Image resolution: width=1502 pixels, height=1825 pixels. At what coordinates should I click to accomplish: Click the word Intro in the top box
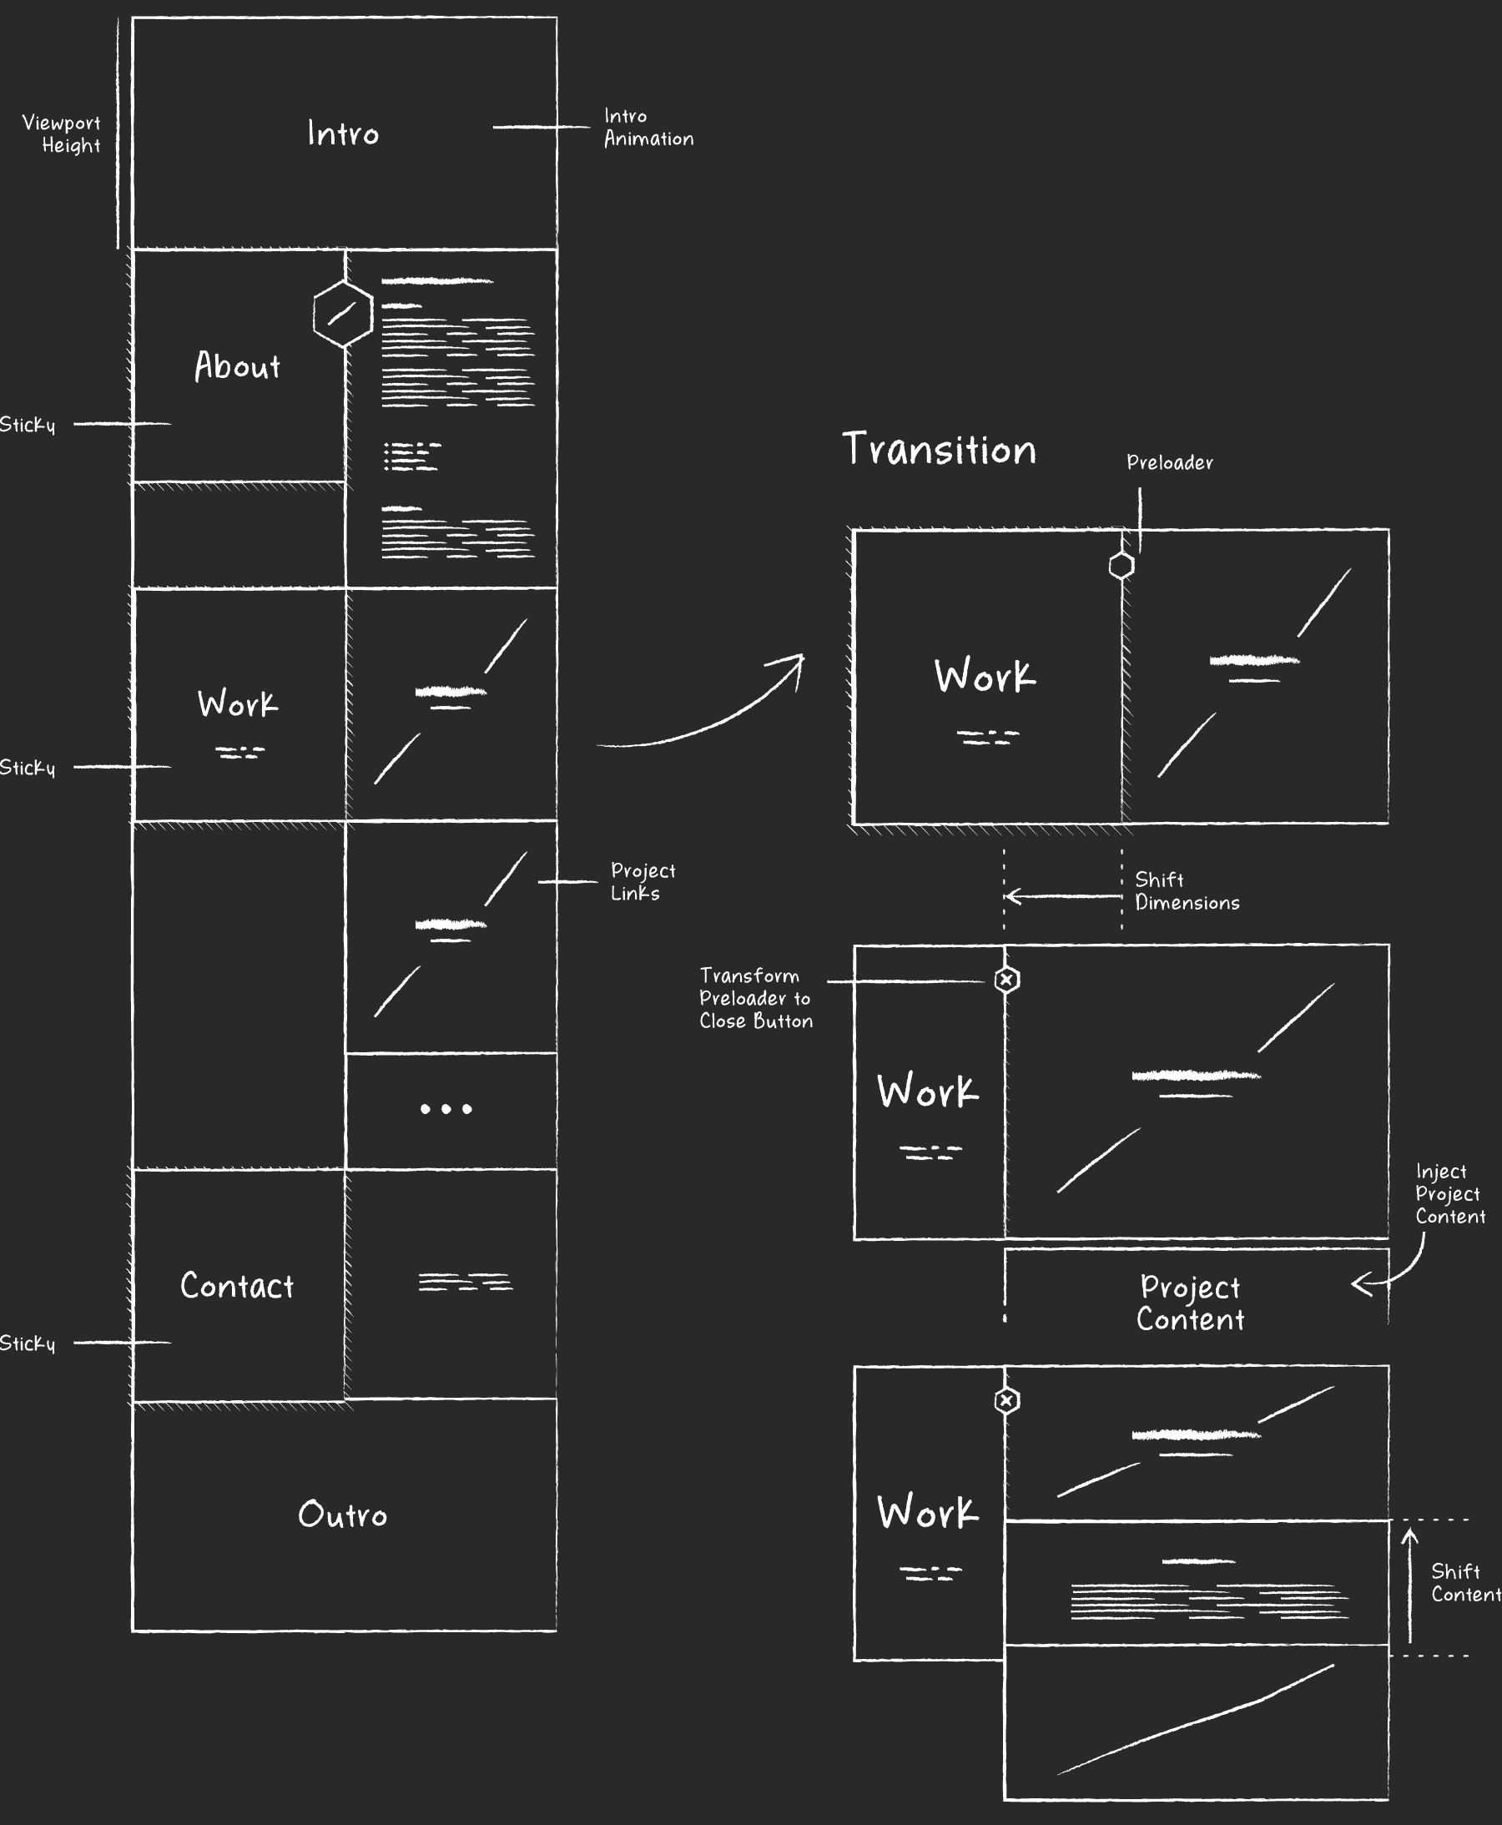click(x=343, y=134)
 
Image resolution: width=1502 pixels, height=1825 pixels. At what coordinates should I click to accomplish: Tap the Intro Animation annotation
click(x=648, y=127)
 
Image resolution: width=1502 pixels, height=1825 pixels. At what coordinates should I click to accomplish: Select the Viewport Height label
click(x=63, y=134)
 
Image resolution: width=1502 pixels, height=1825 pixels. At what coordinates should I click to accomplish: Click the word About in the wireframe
click(x=237, y=366)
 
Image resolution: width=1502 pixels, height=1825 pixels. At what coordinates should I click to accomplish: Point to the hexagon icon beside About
click(x=343, y=313)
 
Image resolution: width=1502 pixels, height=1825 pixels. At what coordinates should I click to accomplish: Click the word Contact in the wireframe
click(x=236, y=1286)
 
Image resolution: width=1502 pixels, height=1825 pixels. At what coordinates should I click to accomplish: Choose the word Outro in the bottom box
click(x=343, y=1515)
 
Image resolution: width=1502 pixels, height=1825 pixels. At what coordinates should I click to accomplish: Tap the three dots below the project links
click(x=446, y=1108)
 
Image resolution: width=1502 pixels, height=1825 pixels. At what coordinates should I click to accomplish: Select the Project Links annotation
click(x=642, y=882)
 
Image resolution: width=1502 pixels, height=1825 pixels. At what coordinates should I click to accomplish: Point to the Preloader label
click(x=1169, y=463)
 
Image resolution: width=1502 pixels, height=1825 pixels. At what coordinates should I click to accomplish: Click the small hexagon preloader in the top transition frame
click(x=1121, y=565)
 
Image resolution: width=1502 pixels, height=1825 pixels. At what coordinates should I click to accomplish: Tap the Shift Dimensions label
click(x=1187, y=890)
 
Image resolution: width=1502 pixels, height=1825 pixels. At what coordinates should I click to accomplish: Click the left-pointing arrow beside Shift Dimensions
click(x=1063, y=895)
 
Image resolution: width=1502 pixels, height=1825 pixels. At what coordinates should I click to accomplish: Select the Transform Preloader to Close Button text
click(x=755, y=998)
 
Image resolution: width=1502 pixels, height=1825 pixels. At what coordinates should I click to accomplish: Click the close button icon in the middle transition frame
click(x=1006, y=980)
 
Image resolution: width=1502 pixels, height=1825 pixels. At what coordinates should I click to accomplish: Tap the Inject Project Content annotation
click(x=1449, y=1193)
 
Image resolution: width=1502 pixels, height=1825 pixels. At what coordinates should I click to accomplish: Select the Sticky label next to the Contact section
click(x=28, y=1343)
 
